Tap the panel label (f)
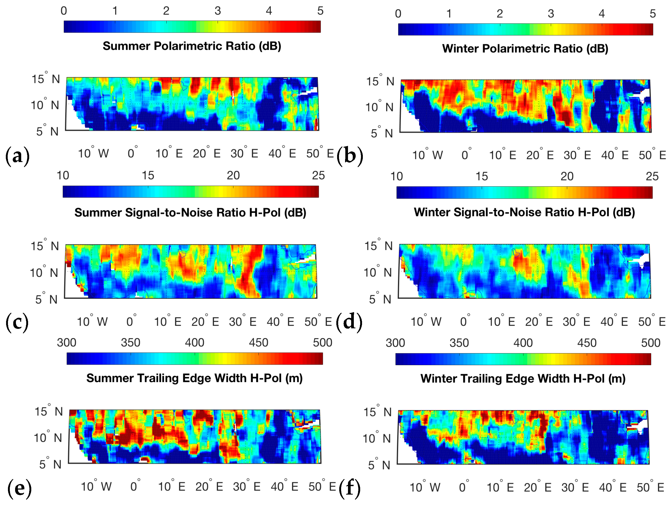pos(350,488)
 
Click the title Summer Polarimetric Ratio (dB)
pos(192,46)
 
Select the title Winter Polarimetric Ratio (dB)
pos(525,49)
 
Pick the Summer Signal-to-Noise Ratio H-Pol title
pos(190,213)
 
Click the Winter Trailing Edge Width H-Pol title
pos(523,379)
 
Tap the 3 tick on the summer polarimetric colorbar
pos(218,11)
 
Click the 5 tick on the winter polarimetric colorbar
pos(653,14)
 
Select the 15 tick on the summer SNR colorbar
pos(148,176)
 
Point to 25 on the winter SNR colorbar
pos(652,176)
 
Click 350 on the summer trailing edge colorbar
pos(131,343)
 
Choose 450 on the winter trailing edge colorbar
pos(587,343)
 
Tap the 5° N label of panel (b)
pos(382,133)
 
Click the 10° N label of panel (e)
pos(48,438)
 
